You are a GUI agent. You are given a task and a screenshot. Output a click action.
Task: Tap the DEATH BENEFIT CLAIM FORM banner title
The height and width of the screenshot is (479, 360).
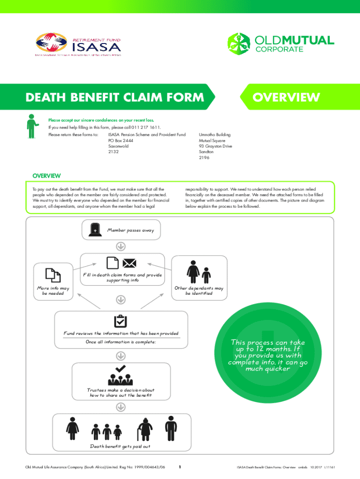(x=115, y=97)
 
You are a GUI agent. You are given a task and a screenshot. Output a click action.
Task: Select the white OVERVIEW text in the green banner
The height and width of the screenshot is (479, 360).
(x=286, y=97)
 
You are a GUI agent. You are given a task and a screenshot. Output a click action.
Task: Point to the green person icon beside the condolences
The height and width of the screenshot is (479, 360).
(x=32, y=125)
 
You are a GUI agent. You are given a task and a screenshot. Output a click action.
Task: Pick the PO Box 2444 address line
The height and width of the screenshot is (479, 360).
(x=121, y=140)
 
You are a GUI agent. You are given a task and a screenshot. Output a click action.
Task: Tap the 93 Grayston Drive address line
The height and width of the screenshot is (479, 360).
(x=215, y=146)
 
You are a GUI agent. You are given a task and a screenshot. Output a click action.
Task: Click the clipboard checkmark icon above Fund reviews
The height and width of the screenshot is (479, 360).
(x=120, y=321)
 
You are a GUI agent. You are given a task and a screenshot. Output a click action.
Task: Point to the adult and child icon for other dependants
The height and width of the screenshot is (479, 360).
(x=199, y=272)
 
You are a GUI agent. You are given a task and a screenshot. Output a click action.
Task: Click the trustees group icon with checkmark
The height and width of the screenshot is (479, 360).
(x=120, y=375)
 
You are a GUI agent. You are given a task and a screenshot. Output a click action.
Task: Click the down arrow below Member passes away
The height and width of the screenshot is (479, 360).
(x=120, y=247)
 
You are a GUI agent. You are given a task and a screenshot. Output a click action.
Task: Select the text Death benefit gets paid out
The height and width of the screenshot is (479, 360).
(x=120, y=446)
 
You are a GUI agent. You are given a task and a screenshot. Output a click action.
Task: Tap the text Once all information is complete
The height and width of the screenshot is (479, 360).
(x=120, y=342)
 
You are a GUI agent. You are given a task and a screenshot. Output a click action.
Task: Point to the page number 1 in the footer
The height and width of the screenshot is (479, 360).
(x=180, y=467)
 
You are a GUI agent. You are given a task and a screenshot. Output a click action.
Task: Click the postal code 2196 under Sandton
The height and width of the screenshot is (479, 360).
(x=204, y=158)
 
